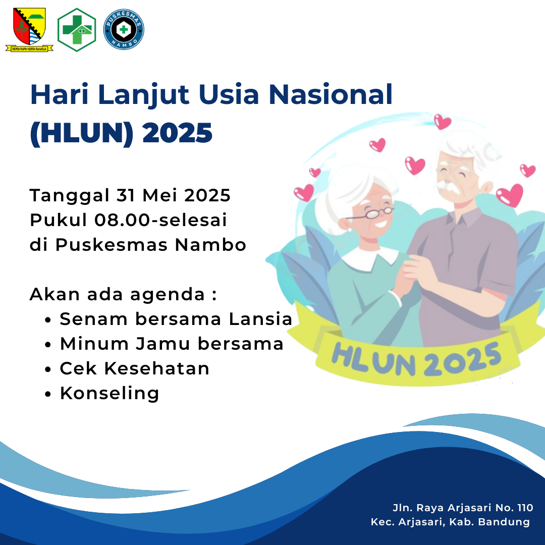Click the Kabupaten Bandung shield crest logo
coord(29,30)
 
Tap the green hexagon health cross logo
coord(77,30)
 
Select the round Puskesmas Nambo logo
coord(124,29)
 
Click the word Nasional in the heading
coord(331,94)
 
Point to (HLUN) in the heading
coord(82,133)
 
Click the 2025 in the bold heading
coord(177,133)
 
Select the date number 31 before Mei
coord(126,195)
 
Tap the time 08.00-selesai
coord(160,220)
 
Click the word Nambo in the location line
coord(210,245)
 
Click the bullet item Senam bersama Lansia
coord(176,319)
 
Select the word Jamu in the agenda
coord(163,344)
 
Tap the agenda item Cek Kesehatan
coord(135,368)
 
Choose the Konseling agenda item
coord(110,394)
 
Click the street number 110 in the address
coord(525,508)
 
